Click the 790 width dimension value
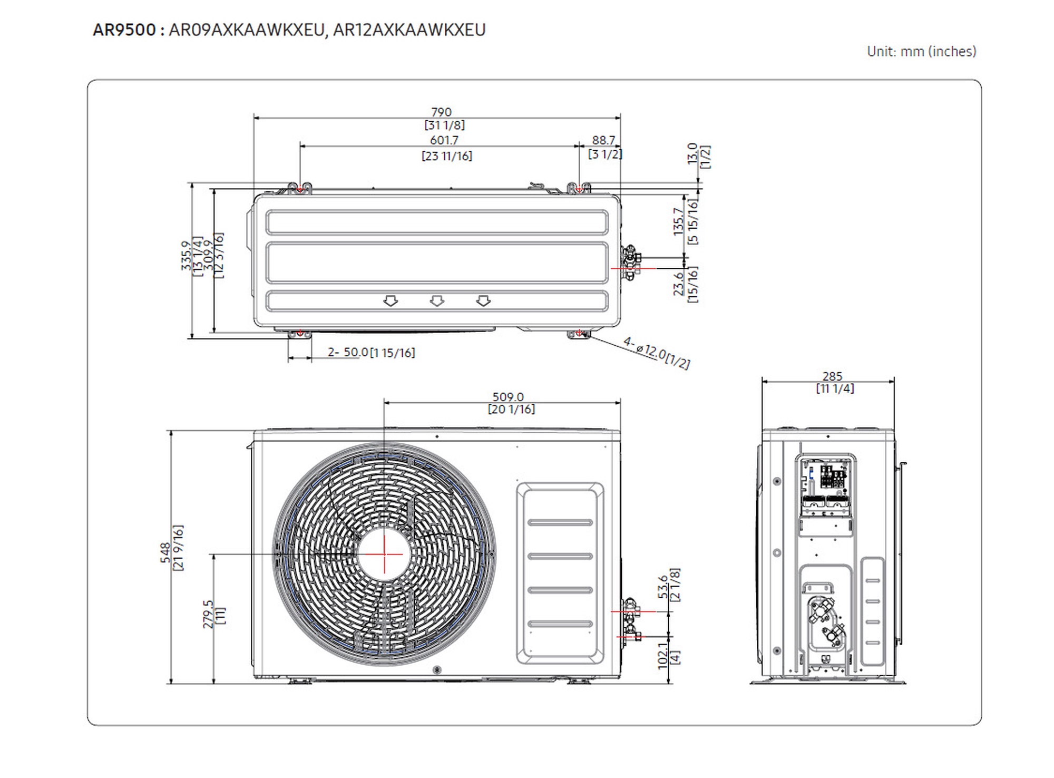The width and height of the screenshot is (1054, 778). pos(441,112)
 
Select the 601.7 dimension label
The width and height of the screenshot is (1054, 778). pos(444,140)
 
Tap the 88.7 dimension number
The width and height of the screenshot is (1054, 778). pos(603,140)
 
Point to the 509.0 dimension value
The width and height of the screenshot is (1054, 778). pos(508,397)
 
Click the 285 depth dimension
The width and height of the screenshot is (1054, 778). pos(833,376)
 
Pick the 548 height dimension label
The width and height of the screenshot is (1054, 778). pos(165,553)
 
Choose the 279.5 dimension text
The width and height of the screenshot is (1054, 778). pos(208,614)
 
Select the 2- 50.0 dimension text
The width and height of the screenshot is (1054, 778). pos(348,352)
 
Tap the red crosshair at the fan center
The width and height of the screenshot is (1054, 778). pos(384,554)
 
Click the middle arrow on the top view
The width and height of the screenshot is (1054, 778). pos(437,301)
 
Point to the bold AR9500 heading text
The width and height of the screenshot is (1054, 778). pos(124,30)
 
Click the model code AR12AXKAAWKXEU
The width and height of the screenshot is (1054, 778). pos(409,30)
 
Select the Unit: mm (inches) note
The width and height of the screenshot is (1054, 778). pos(921,52)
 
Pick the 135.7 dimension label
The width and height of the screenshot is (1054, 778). pos(679,221)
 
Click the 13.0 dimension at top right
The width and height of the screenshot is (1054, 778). pos(693,153)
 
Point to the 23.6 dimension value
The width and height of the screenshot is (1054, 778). pos(679,284)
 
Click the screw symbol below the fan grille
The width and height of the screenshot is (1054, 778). pos(437,670)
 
